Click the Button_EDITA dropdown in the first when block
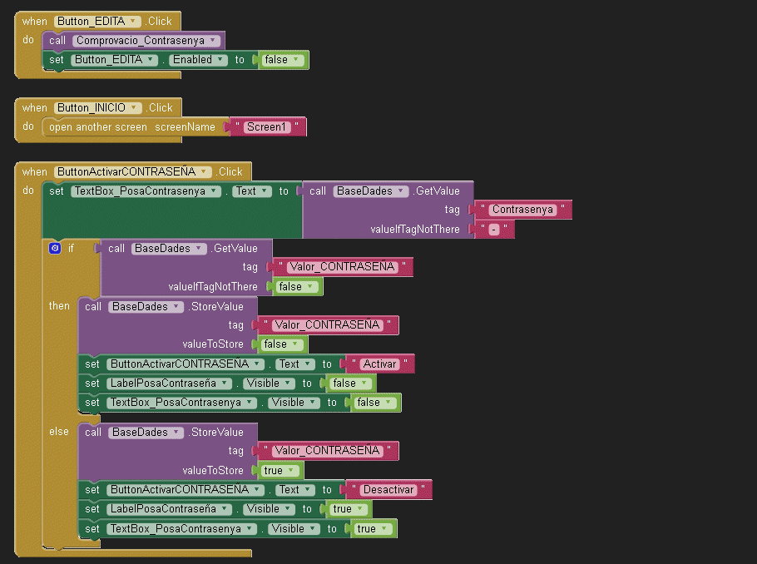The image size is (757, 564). (x=97, y=22)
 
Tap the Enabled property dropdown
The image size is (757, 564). (x=198, y=60)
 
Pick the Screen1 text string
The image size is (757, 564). (x=266, y=127)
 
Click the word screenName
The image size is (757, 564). (x=185, y=127)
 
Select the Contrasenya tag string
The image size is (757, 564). (x=522, y=210)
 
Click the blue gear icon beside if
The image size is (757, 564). (x=55, y=248)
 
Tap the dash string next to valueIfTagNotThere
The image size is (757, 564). (x=494, y=230)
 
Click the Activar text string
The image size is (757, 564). (x=379, y=364)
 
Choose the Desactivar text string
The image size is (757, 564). (x=388, y=490)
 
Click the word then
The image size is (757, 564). (x=59, y=306)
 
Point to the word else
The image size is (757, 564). (x=59, y=432)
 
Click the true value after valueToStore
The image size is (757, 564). (x=279, y=470)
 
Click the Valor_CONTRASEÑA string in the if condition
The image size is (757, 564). (x=342, y=267)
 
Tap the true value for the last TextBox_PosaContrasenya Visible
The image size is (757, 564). (x=372, y=529)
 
